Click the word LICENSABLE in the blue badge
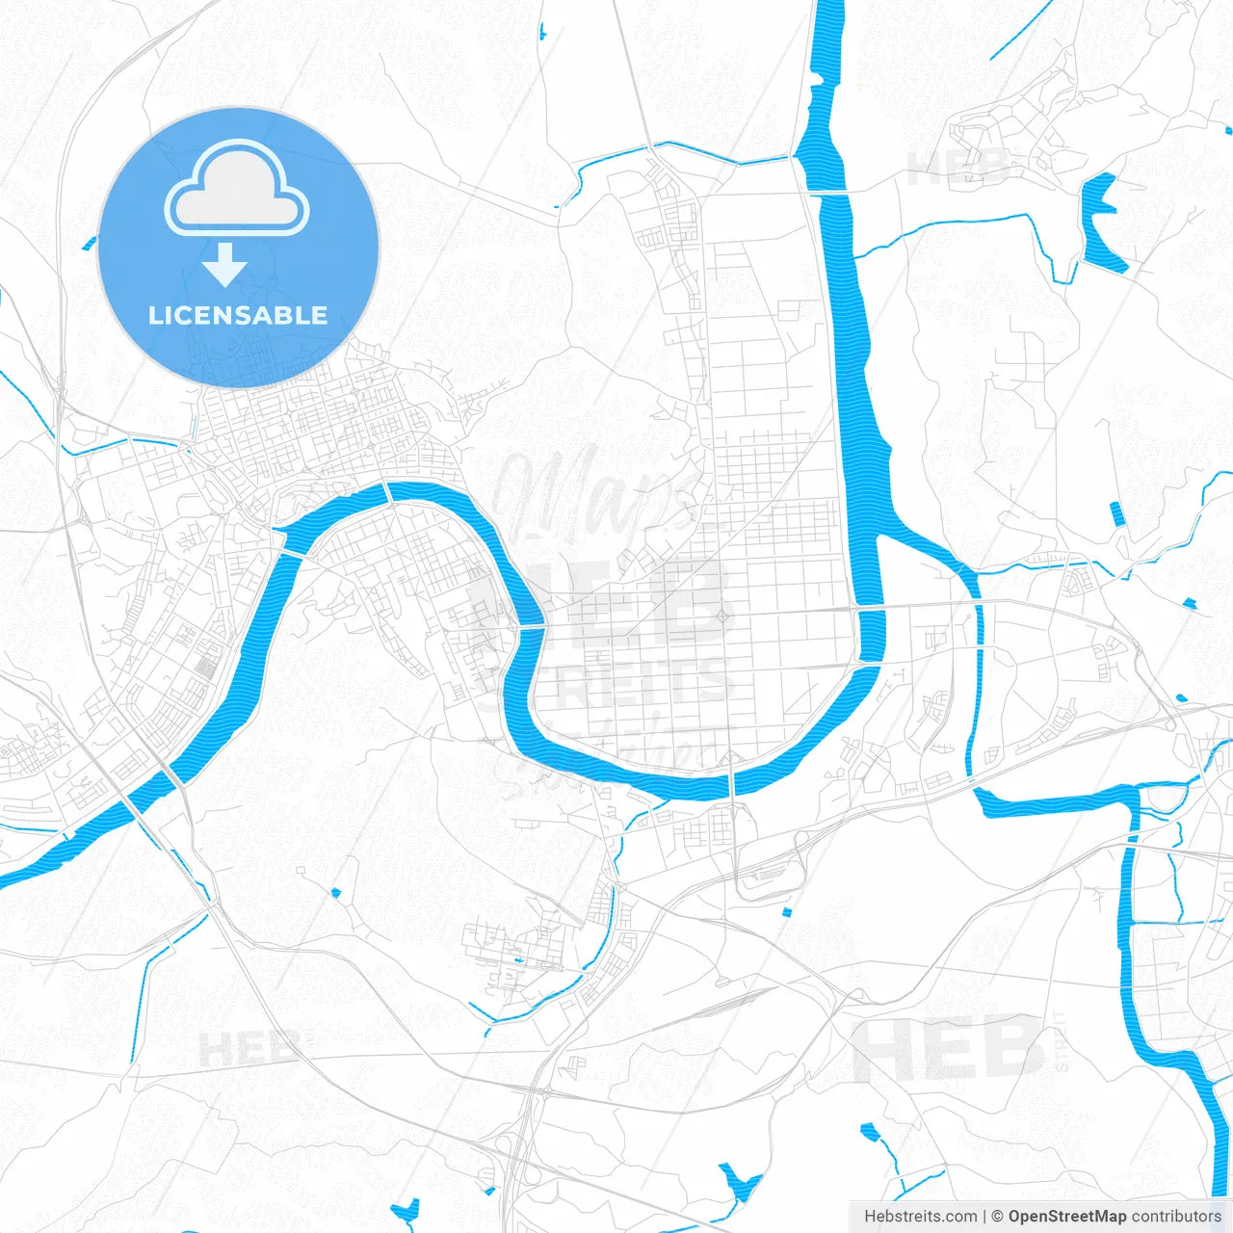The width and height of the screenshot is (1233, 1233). click(x=238, y=315)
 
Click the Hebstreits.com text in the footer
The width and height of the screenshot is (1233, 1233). click(x=920, y=1217)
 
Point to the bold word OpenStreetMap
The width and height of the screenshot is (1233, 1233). click(x=1067, y=1217)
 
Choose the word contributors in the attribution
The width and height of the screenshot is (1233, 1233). click(x=1176, y=1217)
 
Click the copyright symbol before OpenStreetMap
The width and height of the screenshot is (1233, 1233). click(x=997, y=1217)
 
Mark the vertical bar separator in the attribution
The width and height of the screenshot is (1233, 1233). click(x=984, y=1217)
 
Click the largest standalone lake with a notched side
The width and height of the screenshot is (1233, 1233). click(x=1101, y=223)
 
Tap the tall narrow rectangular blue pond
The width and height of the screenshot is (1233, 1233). click(x=1116, y=513)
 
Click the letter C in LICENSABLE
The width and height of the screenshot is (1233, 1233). click(x=189, y=315)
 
